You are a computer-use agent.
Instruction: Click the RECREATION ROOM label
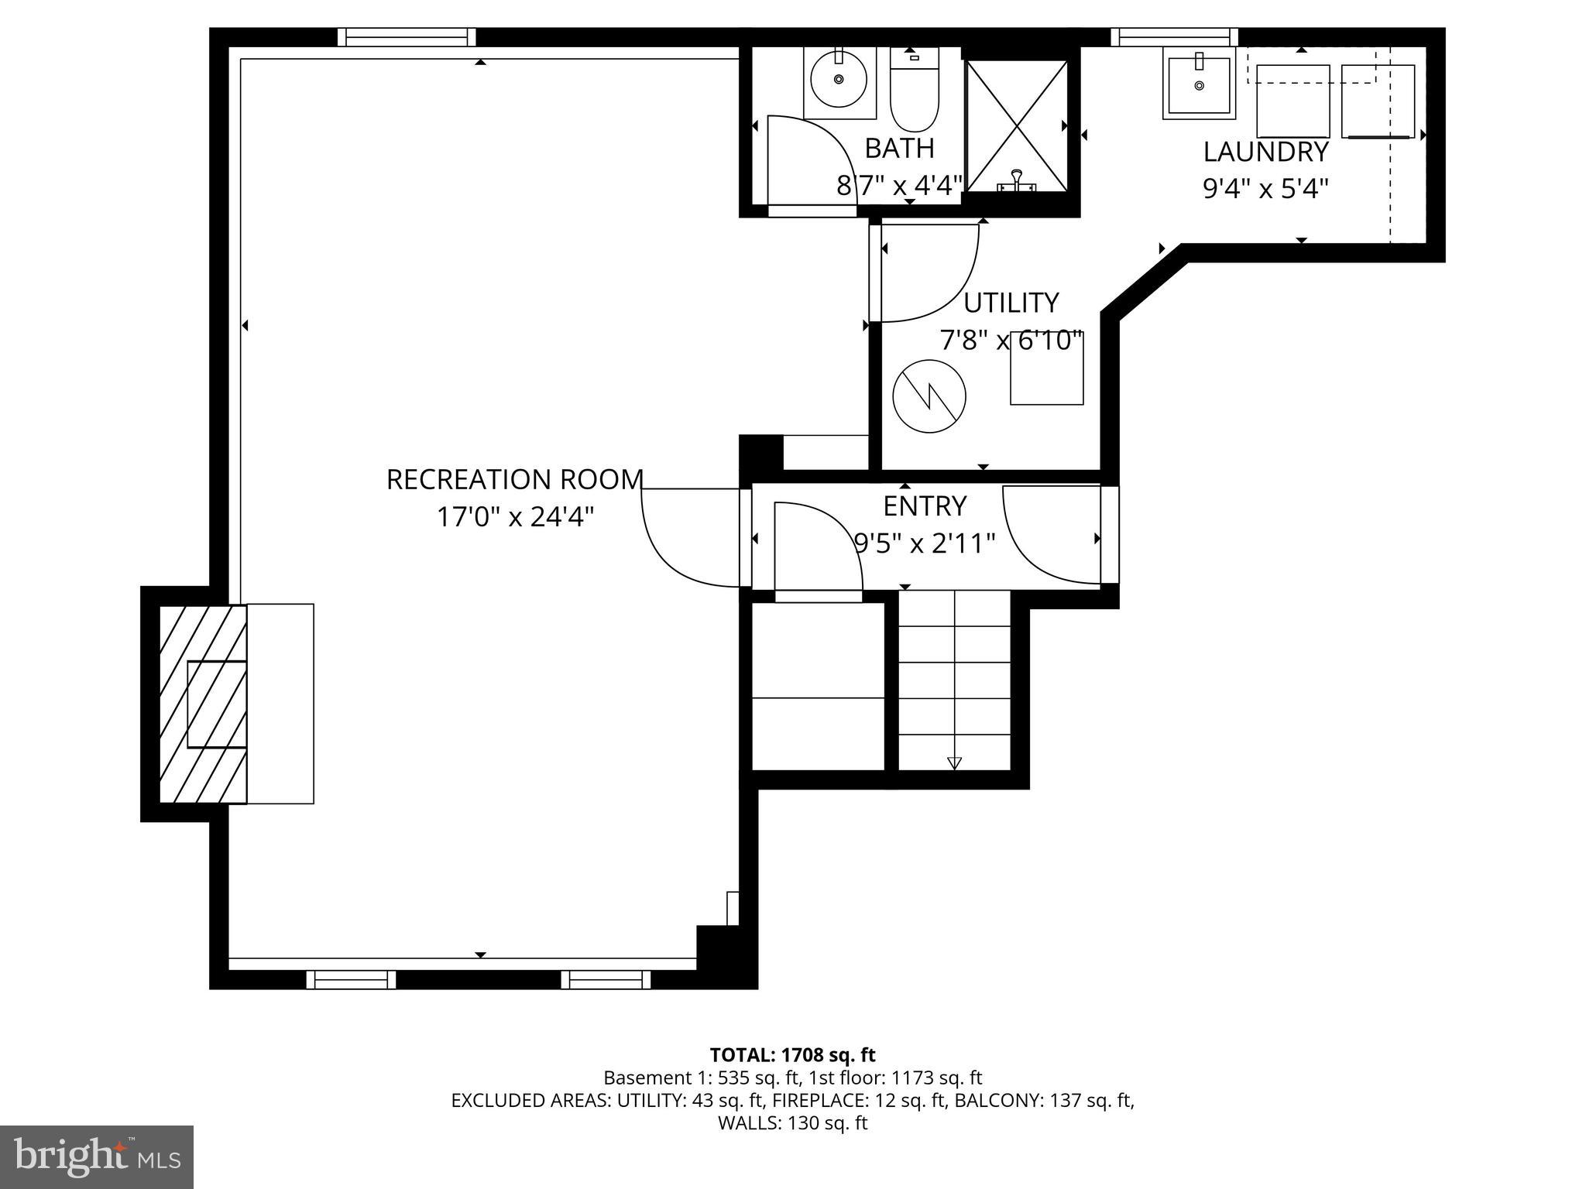pyautogui.click(x=514, y=480)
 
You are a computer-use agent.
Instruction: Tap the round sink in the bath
pyautogui.click(x=839, y=79)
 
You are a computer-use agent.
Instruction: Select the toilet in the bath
pyautogui.click(x=915, y=97)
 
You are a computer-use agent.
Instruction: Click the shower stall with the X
pyautogui.click(x=1017, y=125)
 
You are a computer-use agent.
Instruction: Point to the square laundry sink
pyautogui.click(x=1199, y=84)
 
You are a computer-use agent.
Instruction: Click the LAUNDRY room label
pyautogui.click(x=1265, y=152)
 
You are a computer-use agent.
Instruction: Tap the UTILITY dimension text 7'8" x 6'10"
pyautogui.click(x=1011, y=341)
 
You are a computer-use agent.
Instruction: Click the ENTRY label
pyautogui.click(x=925, y=506)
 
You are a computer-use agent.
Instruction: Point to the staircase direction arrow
pyautogui.click(x=954, y=762)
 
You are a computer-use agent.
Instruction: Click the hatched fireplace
pyautogui.click(x=203, y=704)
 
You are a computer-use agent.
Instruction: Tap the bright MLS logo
pyautogui.click(x=97, y=1156)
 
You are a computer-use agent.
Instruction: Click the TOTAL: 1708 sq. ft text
pyautogui.click(x=792, y=1054)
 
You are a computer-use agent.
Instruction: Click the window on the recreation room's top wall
pyautogui.click(x=407, y=37)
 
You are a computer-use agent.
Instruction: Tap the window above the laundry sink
pyautogui.click(x=1174, y=37)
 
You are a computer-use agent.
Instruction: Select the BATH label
pyautogui.click(x=899, y=148)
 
